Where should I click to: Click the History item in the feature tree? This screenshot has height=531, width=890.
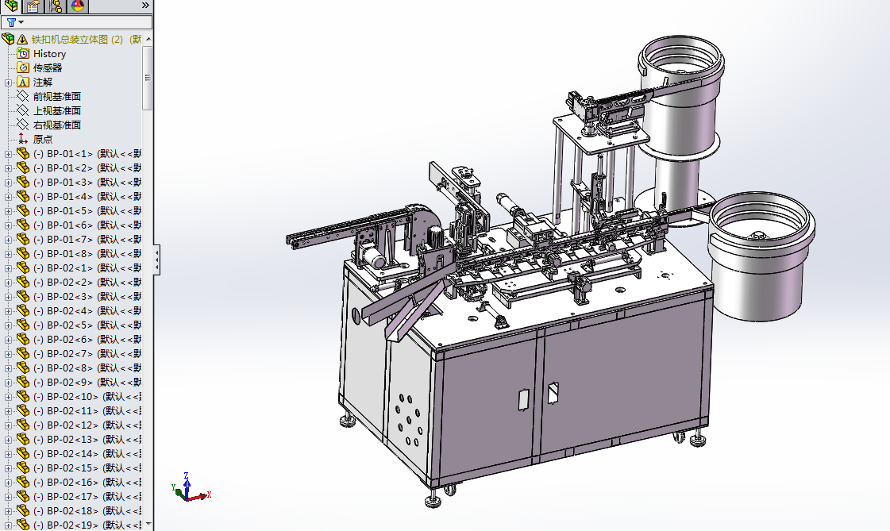pos(49,53)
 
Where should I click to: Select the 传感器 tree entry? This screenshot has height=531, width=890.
pos(47,67)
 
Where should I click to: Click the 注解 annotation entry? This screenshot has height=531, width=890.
pos(42,82)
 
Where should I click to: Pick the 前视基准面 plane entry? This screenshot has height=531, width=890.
pos(56,96)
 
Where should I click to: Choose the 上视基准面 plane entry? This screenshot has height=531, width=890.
pos(56,110)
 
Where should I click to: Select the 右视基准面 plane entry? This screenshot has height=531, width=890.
pos(56,125)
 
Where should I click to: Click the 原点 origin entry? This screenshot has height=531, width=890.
pos(42,139)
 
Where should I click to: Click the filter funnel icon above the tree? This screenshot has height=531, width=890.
pos(11,22)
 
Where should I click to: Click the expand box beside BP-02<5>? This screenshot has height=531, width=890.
pos(8,325)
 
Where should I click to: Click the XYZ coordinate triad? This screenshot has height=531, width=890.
pos(187,489)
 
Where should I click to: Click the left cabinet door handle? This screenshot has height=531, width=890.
pos(524,399)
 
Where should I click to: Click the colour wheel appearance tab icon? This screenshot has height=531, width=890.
pos(78,6)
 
